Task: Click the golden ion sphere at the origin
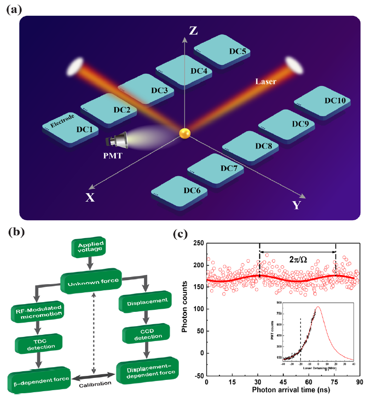(185, 134)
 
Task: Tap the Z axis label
(193, 30)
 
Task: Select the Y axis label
(296, 205)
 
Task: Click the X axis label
(90, 198)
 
